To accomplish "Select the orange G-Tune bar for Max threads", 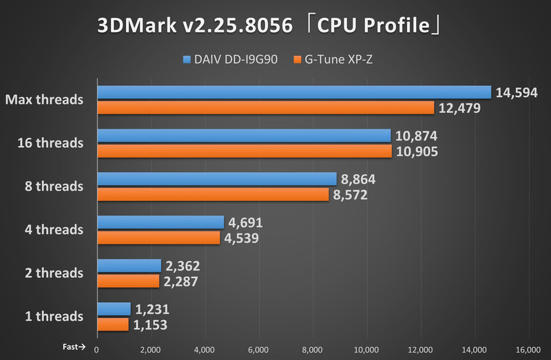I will (x=266, y=108).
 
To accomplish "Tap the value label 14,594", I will (x=517, y=92).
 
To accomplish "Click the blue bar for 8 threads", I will (x=217, y=179).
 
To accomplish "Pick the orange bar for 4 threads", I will (x=159, y=238).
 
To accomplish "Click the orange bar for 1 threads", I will (x=113, y=324).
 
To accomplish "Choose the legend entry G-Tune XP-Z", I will (x=337, y=60).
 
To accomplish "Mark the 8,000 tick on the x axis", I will (x=313, y=350).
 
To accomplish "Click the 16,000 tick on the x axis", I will (x=528, y=350).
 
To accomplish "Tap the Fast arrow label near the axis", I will (x=73, y=347).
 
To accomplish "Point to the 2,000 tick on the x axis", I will (x=151, y=350).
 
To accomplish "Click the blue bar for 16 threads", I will (x=244, y=136).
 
